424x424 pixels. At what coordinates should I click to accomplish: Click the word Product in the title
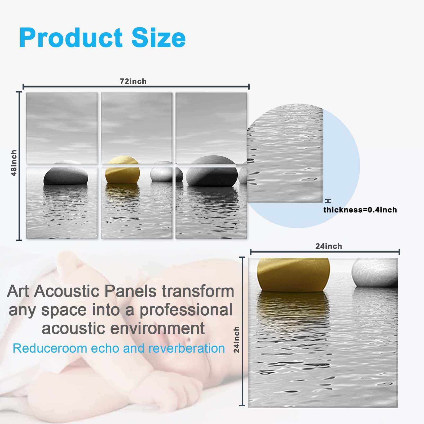(x=71, y=38)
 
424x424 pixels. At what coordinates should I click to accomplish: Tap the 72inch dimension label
(x=133, y=81)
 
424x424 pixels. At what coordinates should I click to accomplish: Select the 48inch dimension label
(x=14, y=163)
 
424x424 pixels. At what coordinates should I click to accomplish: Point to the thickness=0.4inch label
(x=360, y=210)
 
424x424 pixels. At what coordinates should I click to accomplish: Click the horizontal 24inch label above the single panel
(x=329, y=246)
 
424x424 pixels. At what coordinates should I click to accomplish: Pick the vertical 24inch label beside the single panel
(x=236, y=339)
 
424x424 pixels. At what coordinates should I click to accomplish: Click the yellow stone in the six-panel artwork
(x=122, y=170)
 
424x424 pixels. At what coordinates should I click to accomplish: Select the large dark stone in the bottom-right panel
(x=212, y=171)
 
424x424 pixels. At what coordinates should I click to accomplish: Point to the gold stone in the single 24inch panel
(x=294, y=275)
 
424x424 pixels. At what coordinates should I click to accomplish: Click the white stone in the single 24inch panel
(x=375, y=273)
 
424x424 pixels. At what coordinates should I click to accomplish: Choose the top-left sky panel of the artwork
(x=62, y=129)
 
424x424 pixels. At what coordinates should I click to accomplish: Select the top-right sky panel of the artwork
(x=211, y=129)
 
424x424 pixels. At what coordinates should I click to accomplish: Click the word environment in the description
(x=157, y=328)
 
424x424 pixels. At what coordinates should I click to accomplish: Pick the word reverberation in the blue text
(x=187, y=348)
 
